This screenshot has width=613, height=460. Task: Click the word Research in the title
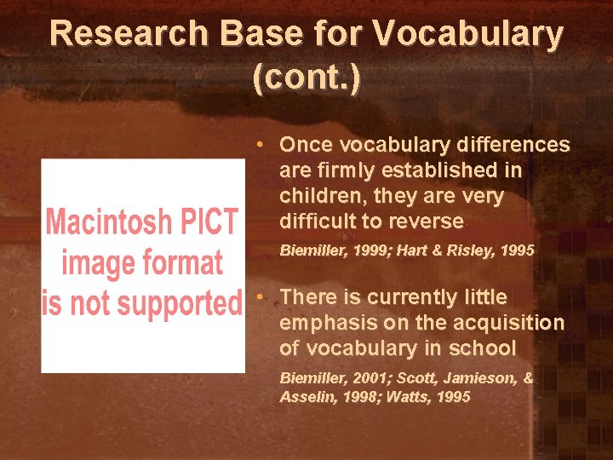pyautogui.click(x=126, y=34)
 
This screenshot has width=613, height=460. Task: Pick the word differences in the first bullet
pyautogui.click(x=513, y=145)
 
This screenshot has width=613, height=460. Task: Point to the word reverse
pyautogui.click(x=430, y=221)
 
